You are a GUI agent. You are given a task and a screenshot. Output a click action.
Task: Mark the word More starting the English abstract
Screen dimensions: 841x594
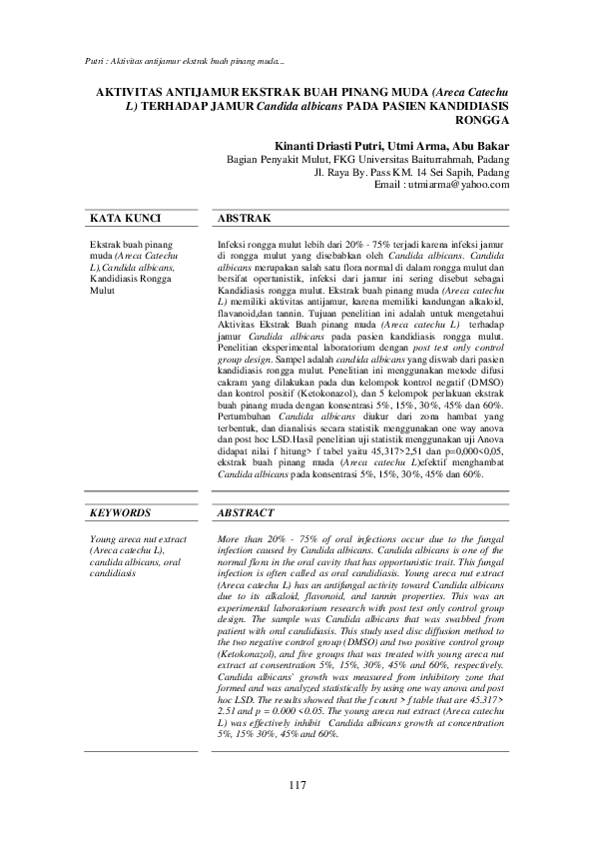[229, 538]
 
